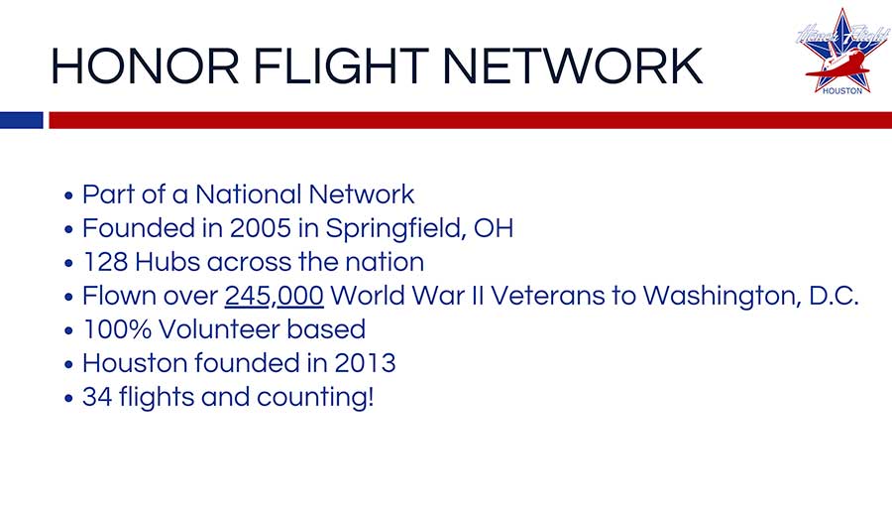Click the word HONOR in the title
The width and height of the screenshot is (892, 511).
(x=145, y=66)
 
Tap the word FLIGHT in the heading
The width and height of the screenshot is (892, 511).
(x=341, y=66)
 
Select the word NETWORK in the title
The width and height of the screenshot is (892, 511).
(x=572, y=66)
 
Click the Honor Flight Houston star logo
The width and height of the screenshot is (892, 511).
(x=842, y=52)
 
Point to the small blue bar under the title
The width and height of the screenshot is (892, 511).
(x=22, y=120)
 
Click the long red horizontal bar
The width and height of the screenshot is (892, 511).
(x=471, y=120)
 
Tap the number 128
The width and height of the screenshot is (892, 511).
(x=105, y=262)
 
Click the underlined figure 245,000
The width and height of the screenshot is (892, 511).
(x=275, y=297)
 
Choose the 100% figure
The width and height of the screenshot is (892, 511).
(x=117, y=329)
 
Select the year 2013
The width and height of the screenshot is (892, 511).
(x=365, y=363)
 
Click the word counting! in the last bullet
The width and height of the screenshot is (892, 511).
(x=315, y=398)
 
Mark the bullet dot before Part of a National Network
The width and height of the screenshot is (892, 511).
(x=68, y=195)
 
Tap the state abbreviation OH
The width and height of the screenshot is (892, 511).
(x=494, y=228)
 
